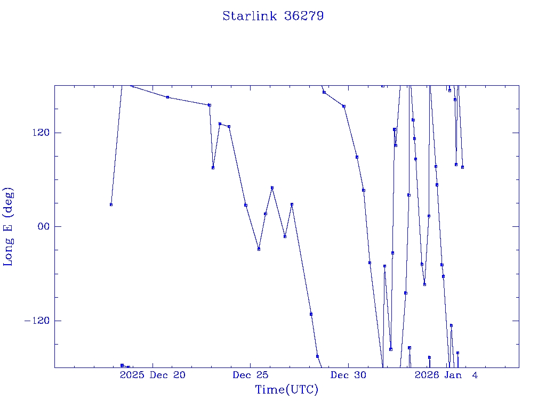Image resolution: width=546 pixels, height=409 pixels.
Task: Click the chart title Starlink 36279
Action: pos(273,16)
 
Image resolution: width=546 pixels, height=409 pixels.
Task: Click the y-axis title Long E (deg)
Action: pos(9,227)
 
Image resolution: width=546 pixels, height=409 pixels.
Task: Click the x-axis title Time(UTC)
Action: pos(287,390)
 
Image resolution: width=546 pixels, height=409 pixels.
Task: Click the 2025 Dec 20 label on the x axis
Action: pos(152,375)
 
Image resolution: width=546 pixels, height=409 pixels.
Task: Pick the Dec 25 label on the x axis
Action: pos(250,375)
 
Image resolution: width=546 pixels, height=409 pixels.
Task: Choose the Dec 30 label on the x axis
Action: pos(348,375)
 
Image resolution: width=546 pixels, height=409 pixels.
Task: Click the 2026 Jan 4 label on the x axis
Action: pos(446,375)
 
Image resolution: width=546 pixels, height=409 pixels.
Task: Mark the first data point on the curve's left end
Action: pos(111,204)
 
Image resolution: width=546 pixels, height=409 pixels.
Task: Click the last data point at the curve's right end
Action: pos(462,167)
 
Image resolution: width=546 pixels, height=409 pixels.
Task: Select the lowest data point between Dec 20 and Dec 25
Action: pos(213,168)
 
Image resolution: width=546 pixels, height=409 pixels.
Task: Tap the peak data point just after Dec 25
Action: pos(272,187)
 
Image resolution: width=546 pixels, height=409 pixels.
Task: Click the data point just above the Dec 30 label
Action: pos(344,106)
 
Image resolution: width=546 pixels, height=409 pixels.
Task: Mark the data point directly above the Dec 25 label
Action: pos(246,205)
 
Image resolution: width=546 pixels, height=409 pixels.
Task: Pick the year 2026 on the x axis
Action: pos(427,375)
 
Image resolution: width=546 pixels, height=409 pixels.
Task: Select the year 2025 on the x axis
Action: pos(132,375)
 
